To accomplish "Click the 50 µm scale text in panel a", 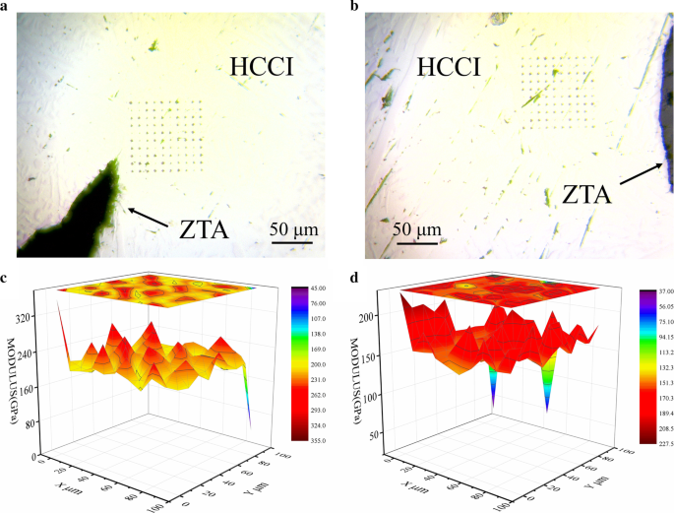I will click(294, 230).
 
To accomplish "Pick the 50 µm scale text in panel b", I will click(415, 230).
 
